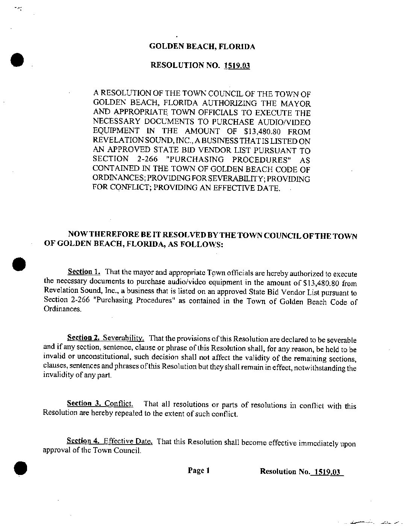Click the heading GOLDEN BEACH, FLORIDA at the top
pyautogui.click(x=202, y=47)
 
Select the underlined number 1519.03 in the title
pyautogui.click(x=237, y=66)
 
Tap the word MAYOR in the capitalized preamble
pyautogui.click(x=297, y=103)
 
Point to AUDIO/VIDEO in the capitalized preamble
pyautogui.click(x=290, y=122)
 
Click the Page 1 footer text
pyautogui.click(x=199, y=470)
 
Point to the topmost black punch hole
pyautogui.click(x=17, y=59)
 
